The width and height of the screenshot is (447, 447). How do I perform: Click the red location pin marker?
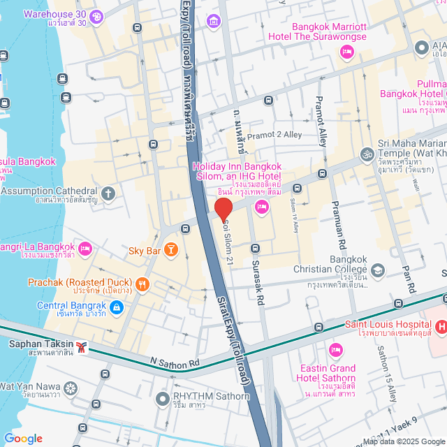click(223, 209)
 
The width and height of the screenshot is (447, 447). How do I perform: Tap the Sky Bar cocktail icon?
click(170, 250)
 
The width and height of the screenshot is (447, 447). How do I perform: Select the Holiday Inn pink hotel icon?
click(262, 205)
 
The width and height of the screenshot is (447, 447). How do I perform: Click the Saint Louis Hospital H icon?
click(441, 326)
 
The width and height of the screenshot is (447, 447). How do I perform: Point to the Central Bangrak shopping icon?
click(117, 306)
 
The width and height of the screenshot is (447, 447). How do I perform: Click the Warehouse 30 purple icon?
click(96, 15)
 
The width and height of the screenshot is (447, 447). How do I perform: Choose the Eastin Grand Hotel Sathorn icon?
click(335, 349)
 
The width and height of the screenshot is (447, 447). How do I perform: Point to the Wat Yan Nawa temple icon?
click(70, 387)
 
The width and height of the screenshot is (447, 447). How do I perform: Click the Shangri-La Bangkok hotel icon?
click(85, 248)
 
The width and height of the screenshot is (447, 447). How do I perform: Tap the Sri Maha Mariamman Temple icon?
click(367, 154)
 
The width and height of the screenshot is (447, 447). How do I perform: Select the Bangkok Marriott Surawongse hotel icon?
click(346, 52)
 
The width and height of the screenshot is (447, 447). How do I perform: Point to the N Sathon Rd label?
click(175, 362)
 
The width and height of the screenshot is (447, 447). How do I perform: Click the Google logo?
click(22, 439)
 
